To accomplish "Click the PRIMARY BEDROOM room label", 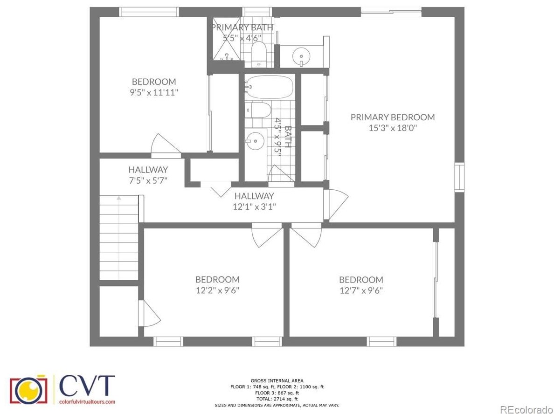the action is point(393,117).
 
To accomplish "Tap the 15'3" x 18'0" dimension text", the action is point(393,128).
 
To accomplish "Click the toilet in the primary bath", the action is point(259,54).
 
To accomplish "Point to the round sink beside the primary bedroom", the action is point(301,56).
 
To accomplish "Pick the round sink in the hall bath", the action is point(256,141).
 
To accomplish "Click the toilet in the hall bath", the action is point(258,110).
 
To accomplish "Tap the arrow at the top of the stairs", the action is point(119,199).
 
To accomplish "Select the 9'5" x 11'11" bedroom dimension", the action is point(154,93).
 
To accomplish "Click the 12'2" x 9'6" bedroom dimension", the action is point(218,290).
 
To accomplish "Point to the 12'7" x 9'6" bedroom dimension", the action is point(361,290).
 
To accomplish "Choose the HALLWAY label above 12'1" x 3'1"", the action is point(254,196).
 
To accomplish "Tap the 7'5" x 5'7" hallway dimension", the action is point(148,180).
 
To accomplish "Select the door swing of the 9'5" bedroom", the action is point(166,145).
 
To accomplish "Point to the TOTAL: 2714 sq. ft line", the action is point(277,399).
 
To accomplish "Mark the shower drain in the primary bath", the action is point(227,55).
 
